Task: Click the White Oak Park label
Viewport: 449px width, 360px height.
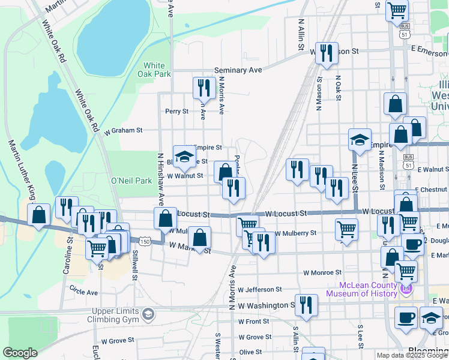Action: [155, 70]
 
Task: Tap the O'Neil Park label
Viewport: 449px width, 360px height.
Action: [131, 180]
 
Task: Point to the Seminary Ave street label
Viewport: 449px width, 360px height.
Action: [238, 70]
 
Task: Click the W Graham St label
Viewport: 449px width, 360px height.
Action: [123, 130]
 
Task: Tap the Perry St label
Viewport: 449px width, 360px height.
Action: [177, 111]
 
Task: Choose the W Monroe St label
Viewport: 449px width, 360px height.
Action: [322, 272]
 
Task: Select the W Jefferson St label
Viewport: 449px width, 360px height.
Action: [260, 289]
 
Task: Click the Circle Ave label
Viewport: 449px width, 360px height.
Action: [83, 292]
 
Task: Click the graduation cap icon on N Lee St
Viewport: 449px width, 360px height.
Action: [360, 140]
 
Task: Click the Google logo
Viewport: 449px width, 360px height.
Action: [20, 353]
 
